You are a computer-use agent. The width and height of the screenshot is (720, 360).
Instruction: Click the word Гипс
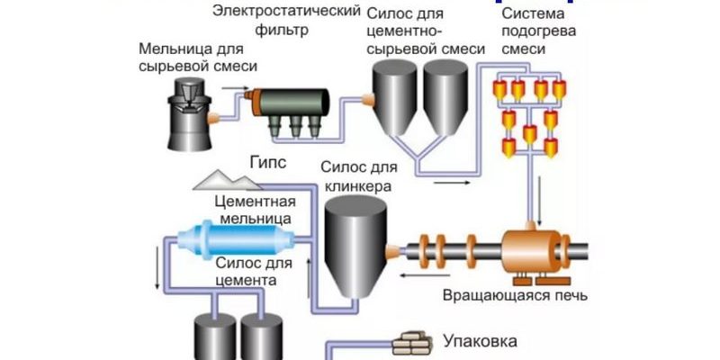pyautogui.click(x=268, y=162)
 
